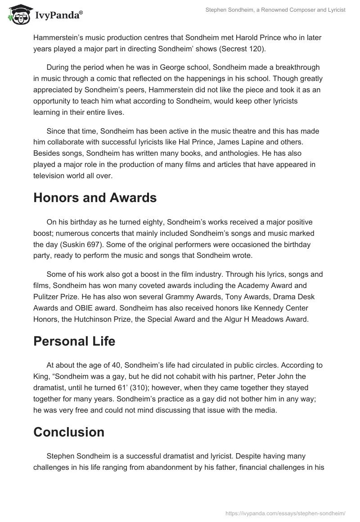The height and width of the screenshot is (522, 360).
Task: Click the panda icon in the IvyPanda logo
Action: tap(18, 15)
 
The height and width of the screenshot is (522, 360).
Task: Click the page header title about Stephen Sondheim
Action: tap(274, 10)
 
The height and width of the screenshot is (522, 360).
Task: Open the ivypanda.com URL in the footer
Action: tap(285, 512)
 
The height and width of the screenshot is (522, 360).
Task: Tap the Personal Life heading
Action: tap(74, 341)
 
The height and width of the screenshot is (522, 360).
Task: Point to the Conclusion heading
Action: tap(69, 432)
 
